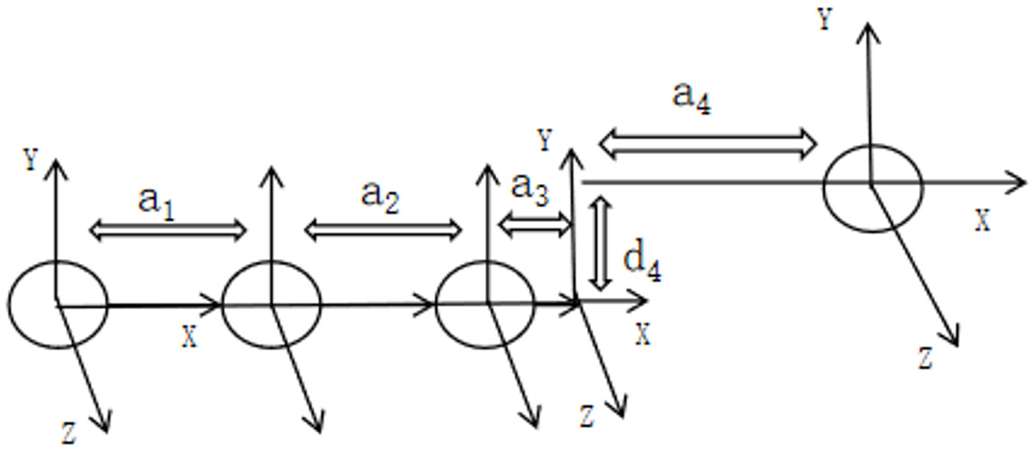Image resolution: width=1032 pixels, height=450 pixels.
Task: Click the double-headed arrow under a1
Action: (x=167, y=230)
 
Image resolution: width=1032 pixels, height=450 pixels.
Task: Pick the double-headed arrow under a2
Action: (x=383, y=230)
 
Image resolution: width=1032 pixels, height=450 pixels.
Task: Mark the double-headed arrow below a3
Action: (x=536, y=225)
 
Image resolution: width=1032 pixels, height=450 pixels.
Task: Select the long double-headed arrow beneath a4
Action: (x=707, y=144)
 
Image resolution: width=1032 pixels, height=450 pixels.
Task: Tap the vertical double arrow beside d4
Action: (x=600, y=244)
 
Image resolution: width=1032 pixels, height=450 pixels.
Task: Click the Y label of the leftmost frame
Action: (x=30, y=159)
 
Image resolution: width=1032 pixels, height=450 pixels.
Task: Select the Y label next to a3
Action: (x=544, y=141)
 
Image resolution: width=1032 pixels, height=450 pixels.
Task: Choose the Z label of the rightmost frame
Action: (x=926, y=359)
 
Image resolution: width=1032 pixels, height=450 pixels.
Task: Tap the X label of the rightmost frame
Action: (x=982, y=223)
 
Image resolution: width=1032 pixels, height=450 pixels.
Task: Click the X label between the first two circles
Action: (x=190, y=337)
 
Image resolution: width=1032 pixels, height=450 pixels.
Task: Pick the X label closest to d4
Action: (x=643, y=335)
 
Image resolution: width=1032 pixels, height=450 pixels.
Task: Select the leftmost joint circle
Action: (x=8, y=304)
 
